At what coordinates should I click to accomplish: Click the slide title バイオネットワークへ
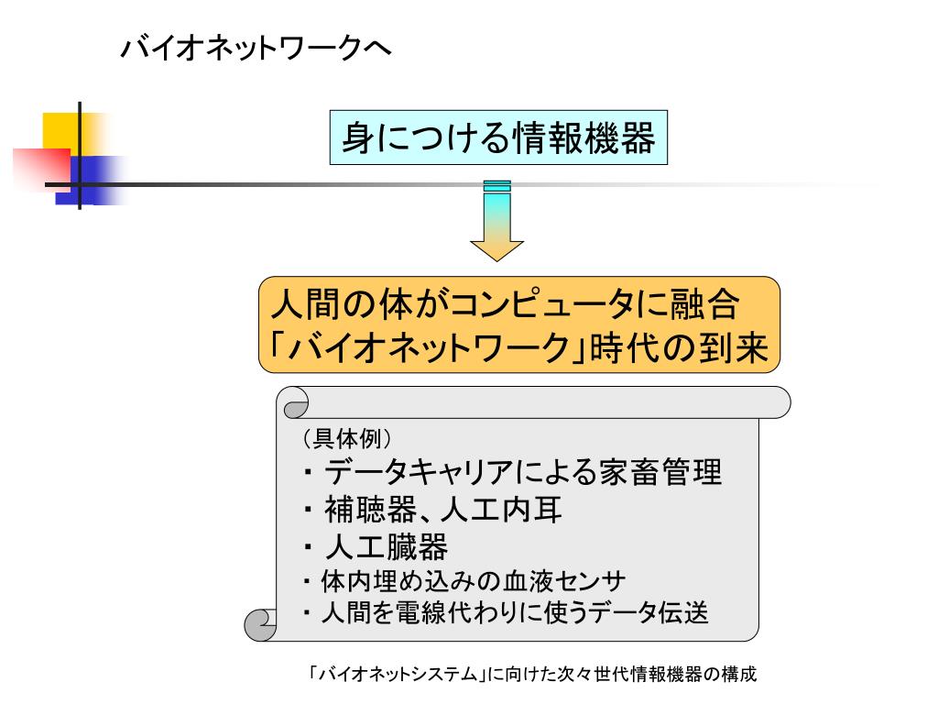coord(257,49)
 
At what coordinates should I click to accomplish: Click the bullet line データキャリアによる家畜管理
coord(523,472)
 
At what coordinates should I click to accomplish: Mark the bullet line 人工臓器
coord(386,547)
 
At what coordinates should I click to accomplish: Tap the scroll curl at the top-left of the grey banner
coord(295,402)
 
